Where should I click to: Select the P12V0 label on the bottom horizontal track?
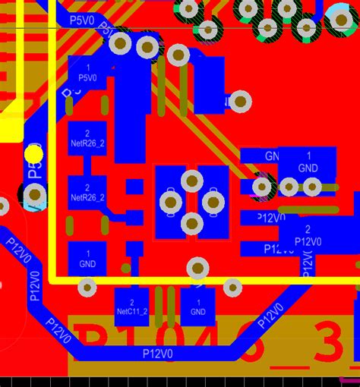158,354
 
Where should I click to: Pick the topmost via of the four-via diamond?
192,180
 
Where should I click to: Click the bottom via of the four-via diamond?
192,223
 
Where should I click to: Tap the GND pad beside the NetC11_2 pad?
197,306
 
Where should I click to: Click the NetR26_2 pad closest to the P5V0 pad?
87,135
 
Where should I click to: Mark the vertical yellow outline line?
52,152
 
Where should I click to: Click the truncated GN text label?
270,156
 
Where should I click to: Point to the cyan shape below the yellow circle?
34,196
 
